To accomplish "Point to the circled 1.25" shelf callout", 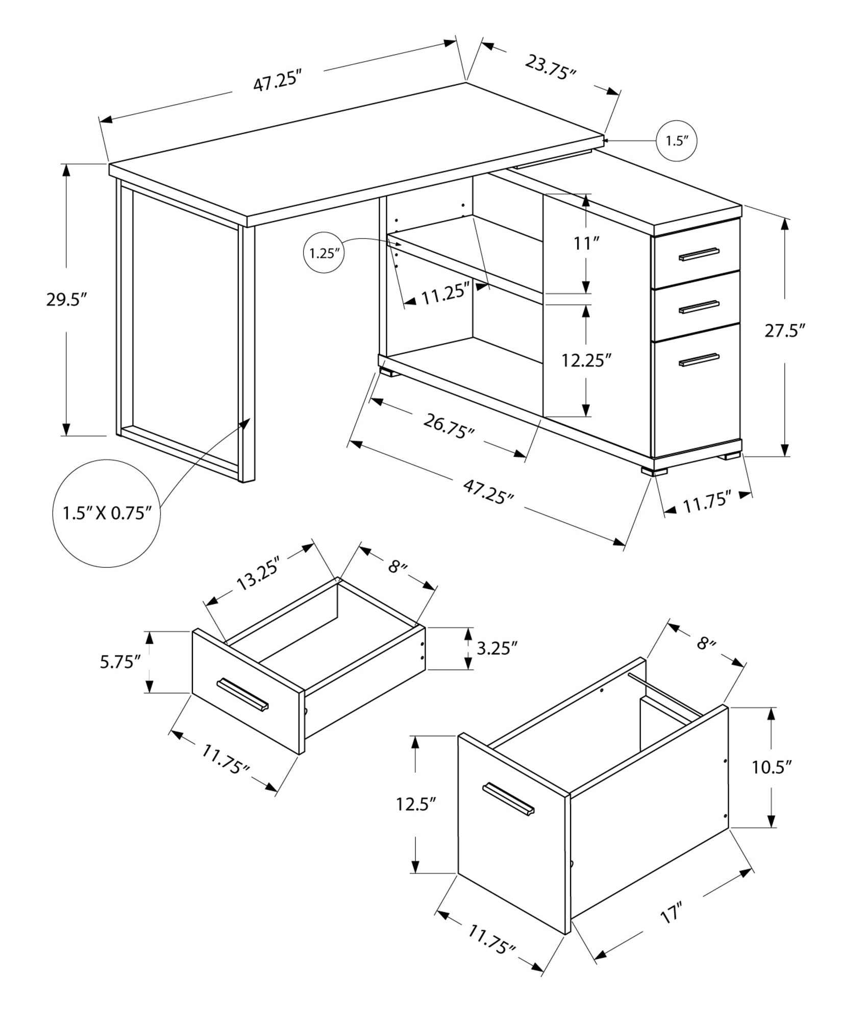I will coord(324,253).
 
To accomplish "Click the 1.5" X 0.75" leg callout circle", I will coord(107,513).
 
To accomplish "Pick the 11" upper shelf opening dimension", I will coord(585,244).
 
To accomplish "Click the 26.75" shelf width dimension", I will coord(449,426).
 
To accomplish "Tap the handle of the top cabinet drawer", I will coord(699,254).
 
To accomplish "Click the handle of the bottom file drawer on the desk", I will coord(699,360).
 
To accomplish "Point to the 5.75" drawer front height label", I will coord(120,663).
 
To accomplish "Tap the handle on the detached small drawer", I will coord(242,694).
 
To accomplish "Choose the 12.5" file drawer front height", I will coord(416,805).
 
